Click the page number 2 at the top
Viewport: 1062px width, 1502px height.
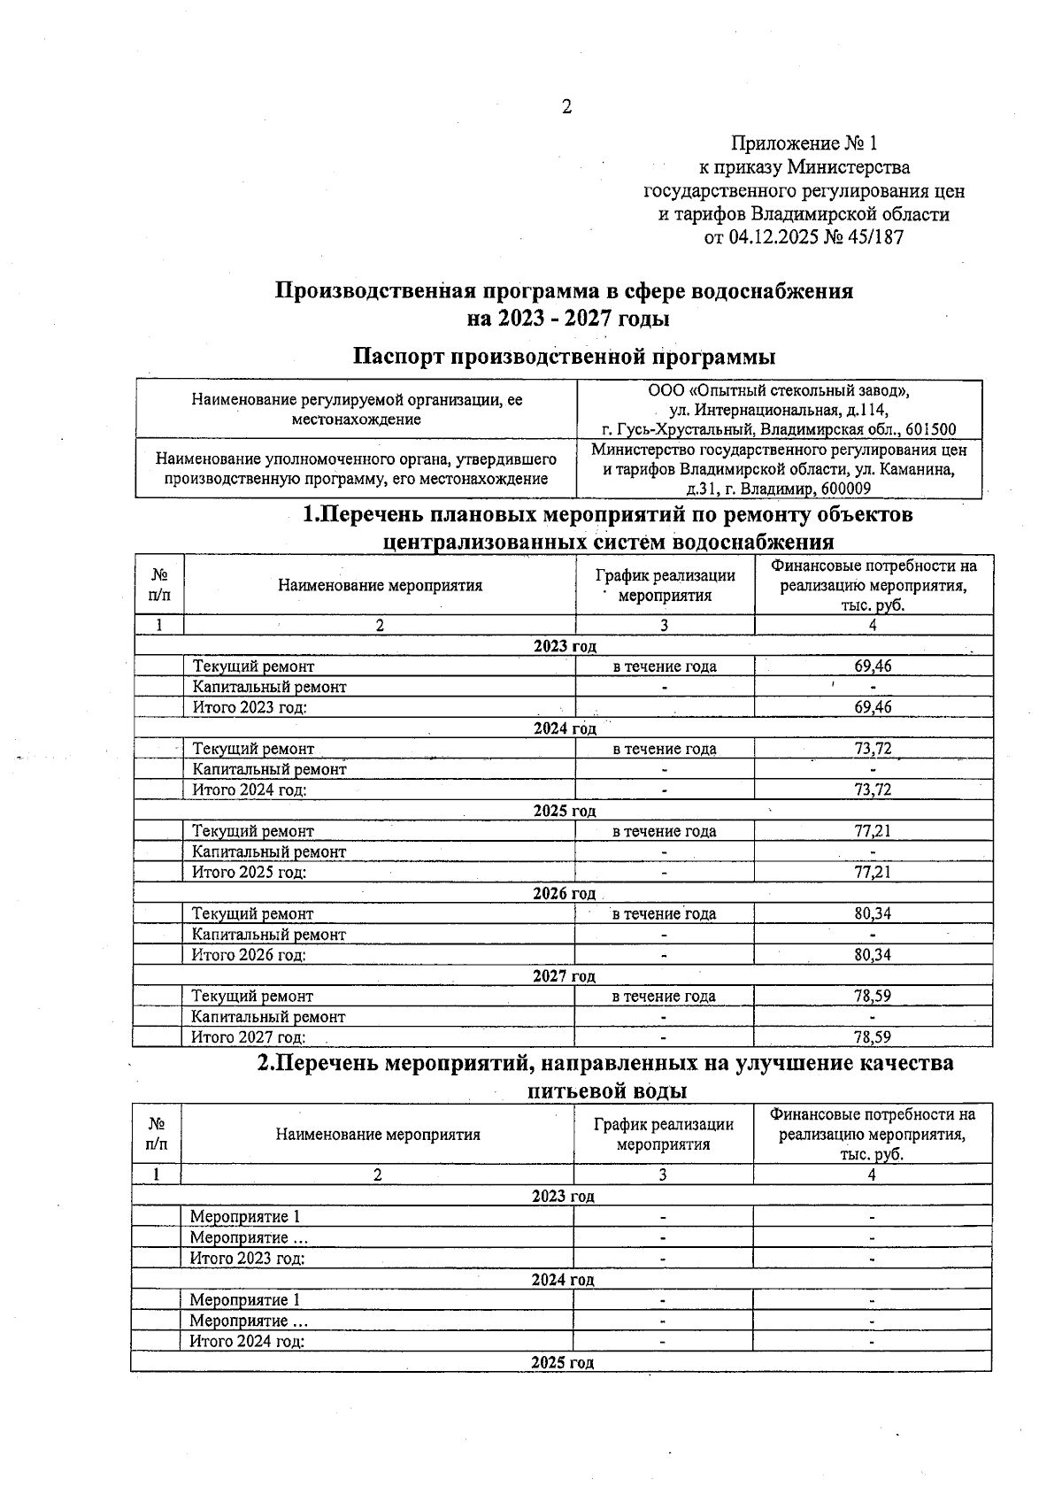coord(566,107)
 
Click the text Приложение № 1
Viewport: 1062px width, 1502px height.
coord(804,143)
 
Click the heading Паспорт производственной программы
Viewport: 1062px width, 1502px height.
coord(565,357)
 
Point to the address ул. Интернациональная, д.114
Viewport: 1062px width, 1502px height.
coord(779,410)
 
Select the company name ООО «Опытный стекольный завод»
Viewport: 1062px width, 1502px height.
coord(779,390)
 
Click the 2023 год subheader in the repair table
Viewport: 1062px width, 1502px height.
coord(565,647)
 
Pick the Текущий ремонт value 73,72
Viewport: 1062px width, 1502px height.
coord(873,749)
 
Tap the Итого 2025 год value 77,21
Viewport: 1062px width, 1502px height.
coord(873,873)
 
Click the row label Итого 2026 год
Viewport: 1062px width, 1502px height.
coord(249,955)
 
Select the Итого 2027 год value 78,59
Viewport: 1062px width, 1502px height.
coord(873,1037)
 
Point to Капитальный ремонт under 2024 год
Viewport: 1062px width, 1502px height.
coord(269,769)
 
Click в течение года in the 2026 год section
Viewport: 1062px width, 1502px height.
coord(664,913)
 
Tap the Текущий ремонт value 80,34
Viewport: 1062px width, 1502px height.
coord(873,913)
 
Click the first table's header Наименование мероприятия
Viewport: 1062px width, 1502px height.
coord(380,585)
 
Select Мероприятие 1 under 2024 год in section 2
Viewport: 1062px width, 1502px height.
coord(245,1300)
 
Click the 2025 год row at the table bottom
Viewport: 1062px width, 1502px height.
coord(562,1362)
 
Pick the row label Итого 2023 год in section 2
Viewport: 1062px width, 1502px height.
coord(247,1259)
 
